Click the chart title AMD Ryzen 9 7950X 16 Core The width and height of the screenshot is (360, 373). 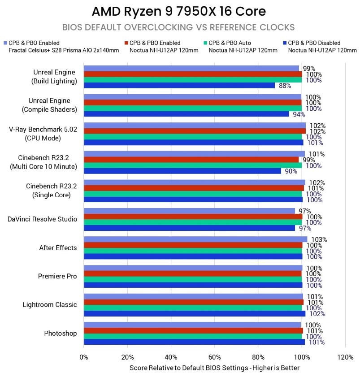click(x=179, y=11)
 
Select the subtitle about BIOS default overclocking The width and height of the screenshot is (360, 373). click(x=179, y=26)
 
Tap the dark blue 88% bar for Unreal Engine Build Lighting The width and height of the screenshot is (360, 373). click(x=179, y=86)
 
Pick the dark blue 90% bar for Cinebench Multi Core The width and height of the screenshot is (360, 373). click(x=182, y=171)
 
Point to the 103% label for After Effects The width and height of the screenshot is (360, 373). click(x=319, y=239)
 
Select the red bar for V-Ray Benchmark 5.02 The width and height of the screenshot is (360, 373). click(x=195, y=131)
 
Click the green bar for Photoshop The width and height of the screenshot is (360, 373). click(x=193, y=336)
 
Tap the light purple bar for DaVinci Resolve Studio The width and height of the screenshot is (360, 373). click(x=189, y=211)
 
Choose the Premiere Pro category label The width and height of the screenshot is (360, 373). click(x=57, y=276)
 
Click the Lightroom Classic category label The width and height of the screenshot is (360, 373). click(x=50, y=305)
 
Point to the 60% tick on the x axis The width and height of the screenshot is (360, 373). click(x=214, y=358)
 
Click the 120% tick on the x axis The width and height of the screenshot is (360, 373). click(x=345, y=358)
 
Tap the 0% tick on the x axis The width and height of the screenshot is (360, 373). click(x=84, y=358)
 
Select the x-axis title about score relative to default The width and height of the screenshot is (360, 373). click(x=214, y=368)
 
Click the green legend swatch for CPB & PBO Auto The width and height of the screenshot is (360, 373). click(x=205, y=43)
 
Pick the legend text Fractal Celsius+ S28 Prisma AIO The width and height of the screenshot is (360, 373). click(x=64, y=50)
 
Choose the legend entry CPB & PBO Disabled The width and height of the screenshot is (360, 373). click(x=314, y=43)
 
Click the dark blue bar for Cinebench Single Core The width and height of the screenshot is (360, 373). click(x=193, y=200)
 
